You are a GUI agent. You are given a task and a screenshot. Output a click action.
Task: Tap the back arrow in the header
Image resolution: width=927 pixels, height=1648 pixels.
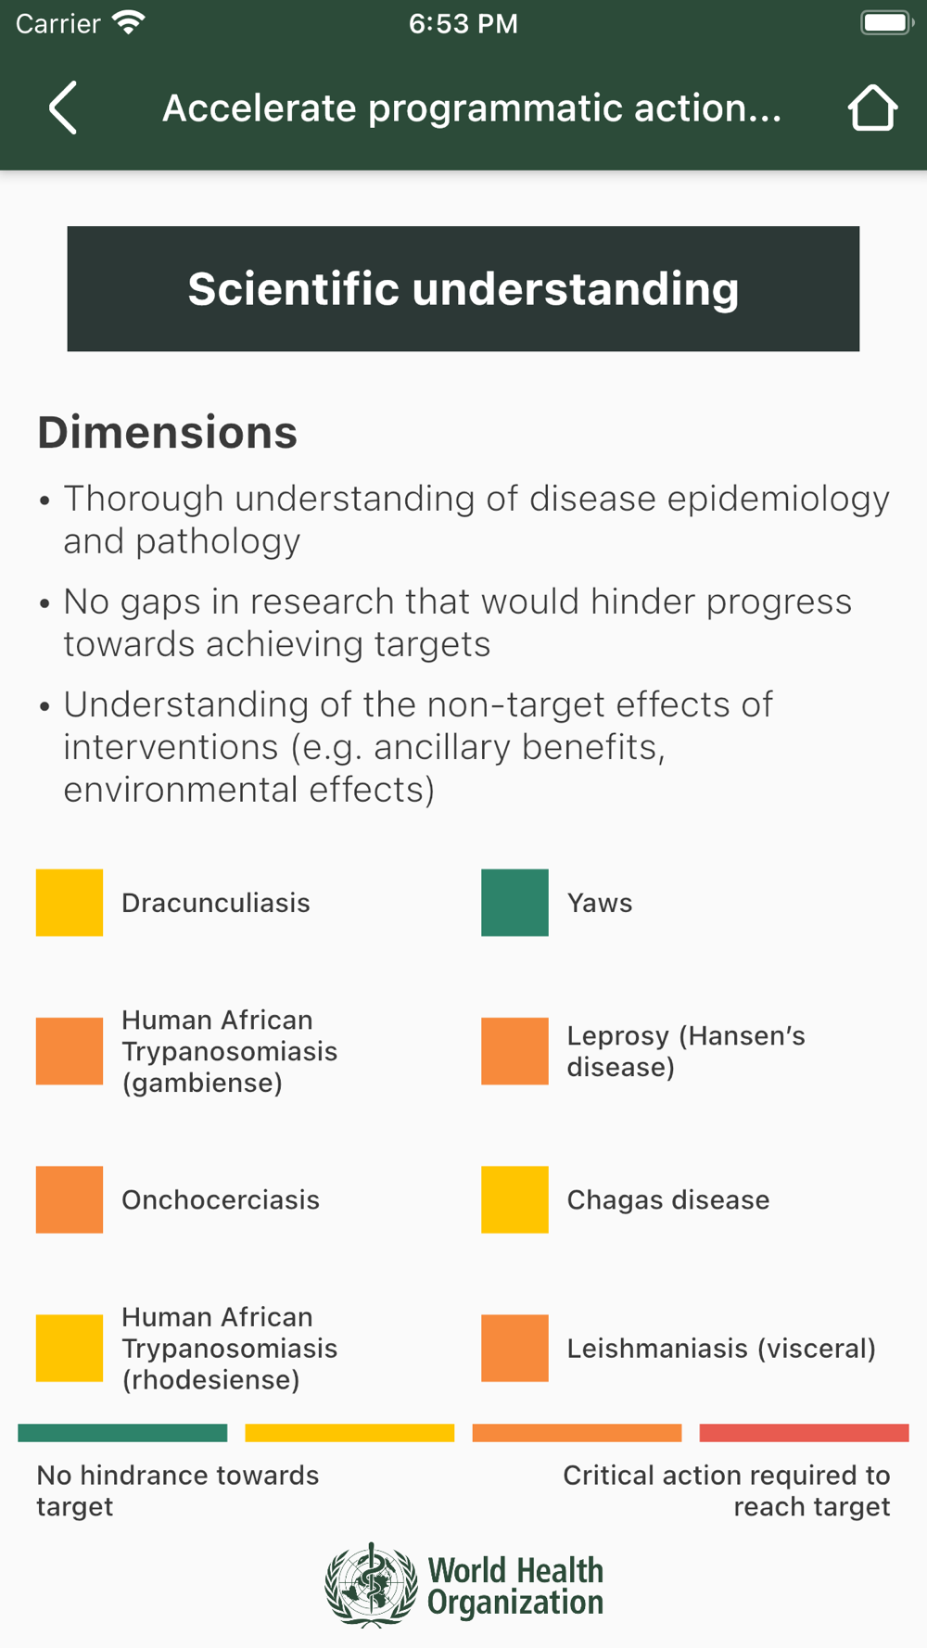click(x=63, y=108)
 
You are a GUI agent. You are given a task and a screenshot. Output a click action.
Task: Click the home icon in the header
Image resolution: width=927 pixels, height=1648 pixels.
click(x=872, y=108)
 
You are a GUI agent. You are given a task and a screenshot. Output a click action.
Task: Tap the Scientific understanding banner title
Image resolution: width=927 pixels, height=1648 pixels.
click(x=463, y=289)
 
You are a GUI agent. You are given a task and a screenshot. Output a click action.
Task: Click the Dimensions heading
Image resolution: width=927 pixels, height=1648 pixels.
click(x=168, y=433)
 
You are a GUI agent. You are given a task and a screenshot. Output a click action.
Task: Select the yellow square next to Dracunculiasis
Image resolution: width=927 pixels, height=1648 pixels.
click(x=70, y=903)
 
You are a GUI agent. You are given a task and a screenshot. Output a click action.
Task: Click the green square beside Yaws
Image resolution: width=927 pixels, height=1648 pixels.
click(x=514, y=903)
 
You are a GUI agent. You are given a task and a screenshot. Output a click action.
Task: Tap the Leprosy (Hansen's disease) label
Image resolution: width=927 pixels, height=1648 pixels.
click(x=686, y=1051)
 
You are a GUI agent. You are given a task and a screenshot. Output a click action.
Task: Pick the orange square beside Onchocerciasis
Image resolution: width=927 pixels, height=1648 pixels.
click(x=70, y=1199)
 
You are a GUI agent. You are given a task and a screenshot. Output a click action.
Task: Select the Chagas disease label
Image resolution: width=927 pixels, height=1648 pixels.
click(x=668, y=1199)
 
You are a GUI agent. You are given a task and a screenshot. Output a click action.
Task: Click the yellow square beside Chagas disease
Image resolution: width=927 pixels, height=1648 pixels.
click(x=514, y=1199)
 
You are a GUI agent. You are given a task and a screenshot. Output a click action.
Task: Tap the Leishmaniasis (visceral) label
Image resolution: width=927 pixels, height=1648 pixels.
click(x=721, y=1349)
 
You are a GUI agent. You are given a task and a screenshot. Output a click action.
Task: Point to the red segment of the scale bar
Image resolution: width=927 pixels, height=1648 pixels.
click(x=804, y=1433)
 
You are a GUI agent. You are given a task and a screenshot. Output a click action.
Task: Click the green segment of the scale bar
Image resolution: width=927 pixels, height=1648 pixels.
click(x=122, y=1433)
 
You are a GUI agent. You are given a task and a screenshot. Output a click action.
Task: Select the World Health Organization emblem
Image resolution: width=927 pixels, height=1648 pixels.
click(x=371, y=1585)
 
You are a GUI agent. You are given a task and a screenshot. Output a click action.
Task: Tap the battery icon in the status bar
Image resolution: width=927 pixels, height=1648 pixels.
click(x=887, y=22)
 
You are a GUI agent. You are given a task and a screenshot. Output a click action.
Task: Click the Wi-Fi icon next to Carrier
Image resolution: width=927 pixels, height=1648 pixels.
click(x=128, y=22)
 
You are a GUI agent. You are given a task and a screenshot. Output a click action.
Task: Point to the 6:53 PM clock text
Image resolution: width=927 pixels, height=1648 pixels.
click(x=463, y=23)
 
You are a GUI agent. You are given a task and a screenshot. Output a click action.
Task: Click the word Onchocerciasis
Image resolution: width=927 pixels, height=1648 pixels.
click(x=221, y=1199)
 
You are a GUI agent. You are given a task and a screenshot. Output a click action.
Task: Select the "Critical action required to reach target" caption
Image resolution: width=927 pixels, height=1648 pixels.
click(x=727, y=1490)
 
